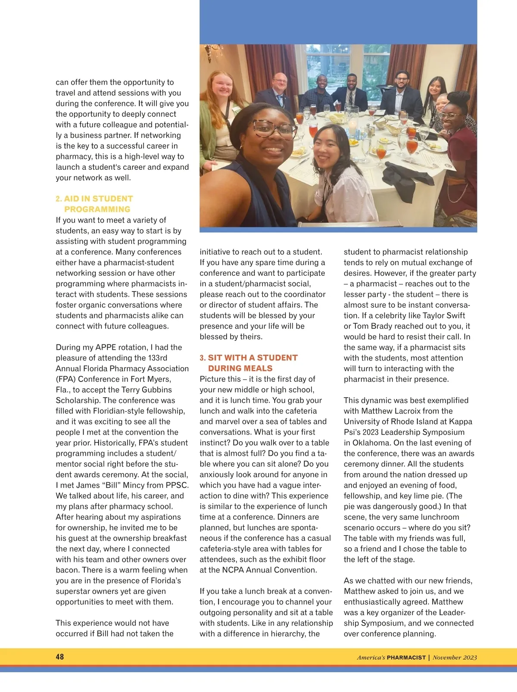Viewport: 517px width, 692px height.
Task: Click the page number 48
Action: (60, 657)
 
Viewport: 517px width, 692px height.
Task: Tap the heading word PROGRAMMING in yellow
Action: (97, 209)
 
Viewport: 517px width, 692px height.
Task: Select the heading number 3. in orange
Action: (203, 358)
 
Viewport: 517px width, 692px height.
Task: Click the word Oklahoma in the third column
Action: (371, 443)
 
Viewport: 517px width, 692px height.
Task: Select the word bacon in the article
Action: (68, 570)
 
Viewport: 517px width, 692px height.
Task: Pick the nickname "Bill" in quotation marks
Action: (111, 485)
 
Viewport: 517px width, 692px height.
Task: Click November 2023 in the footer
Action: (455, 658)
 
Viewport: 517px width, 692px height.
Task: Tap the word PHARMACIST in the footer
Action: (406, 658)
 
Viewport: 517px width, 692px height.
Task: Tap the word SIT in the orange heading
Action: (216, 358)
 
